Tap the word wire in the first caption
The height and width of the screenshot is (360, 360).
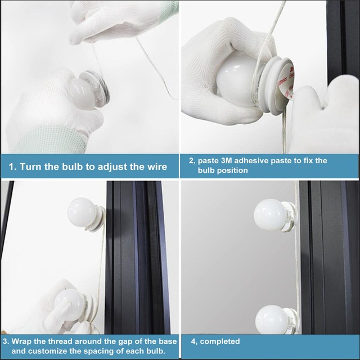[x=155, y=167]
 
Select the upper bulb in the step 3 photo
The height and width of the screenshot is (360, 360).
[x=81, y=213]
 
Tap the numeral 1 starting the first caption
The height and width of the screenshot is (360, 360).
[x=12, y=167]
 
